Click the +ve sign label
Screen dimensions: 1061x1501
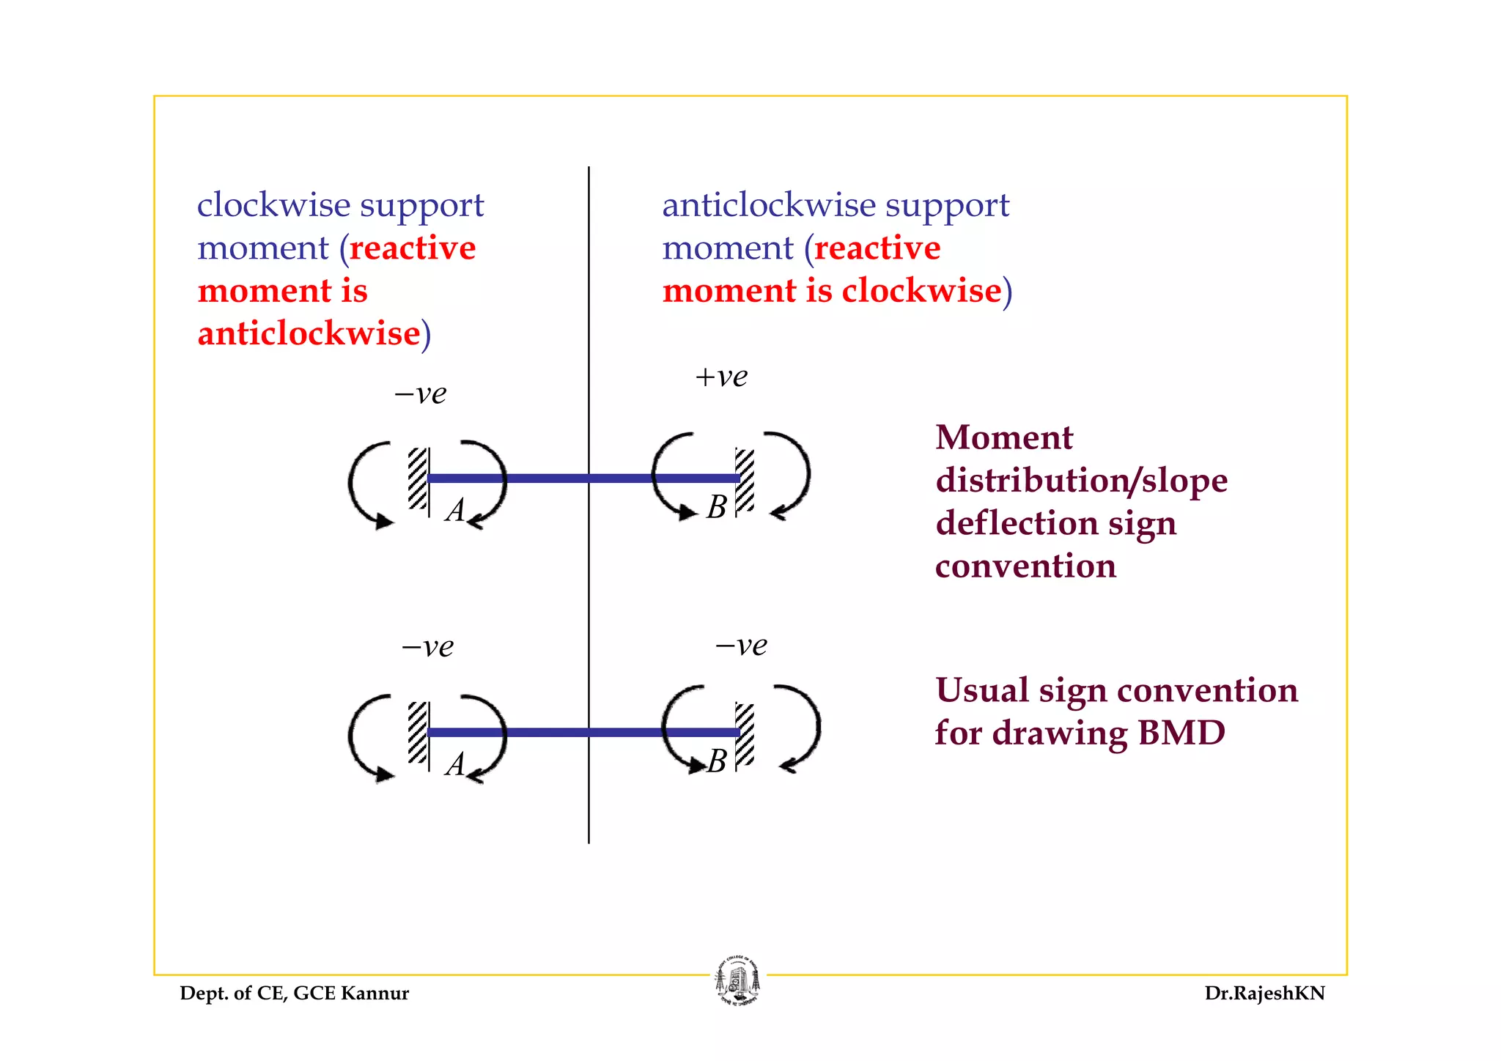pyautogui.click(x=721, y=377)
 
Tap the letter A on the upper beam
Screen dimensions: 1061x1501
pyautogui.click(x=455, y=510)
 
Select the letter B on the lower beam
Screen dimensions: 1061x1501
pyautogui.click(x=717, y=761)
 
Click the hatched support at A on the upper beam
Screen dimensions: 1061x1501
pyautogui.click(x=418, y=478)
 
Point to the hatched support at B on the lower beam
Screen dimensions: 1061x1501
pyautogui.click(x=745, y=733)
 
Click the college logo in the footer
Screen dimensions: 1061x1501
pyautogui.click(x=738, y=981)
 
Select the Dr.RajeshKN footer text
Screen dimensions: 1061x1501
pyautogui.click(x=1264, y=994)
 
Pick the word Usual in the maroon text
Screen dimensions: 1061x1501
pyautogui.click(x=981, y=690)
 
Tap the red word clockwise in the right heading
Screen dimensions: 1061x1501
pyautogui.click(x=921, y=291)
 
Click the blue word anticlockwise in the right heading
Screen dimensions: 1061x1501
pyautogui.click(x=769, y=205)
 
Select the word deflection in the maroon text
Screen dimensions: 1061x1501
pyautogui.click(x=1016, y=523)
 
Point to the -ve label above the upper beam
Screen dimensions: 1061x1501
pyautogui.click(x=421, y=394)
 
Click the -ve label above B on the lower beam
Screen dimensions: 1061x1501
pyautogui.click(x=741, y=646)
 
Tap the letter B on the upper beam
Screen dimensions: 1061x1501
pyautogui.click(x=717, y=507)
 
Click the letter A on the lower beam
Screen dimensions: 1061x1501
pyautogui.click(x=455, y=764)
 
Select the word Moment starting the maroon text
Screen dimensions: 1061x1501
pyautogui.click(x=1004, y=438)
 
